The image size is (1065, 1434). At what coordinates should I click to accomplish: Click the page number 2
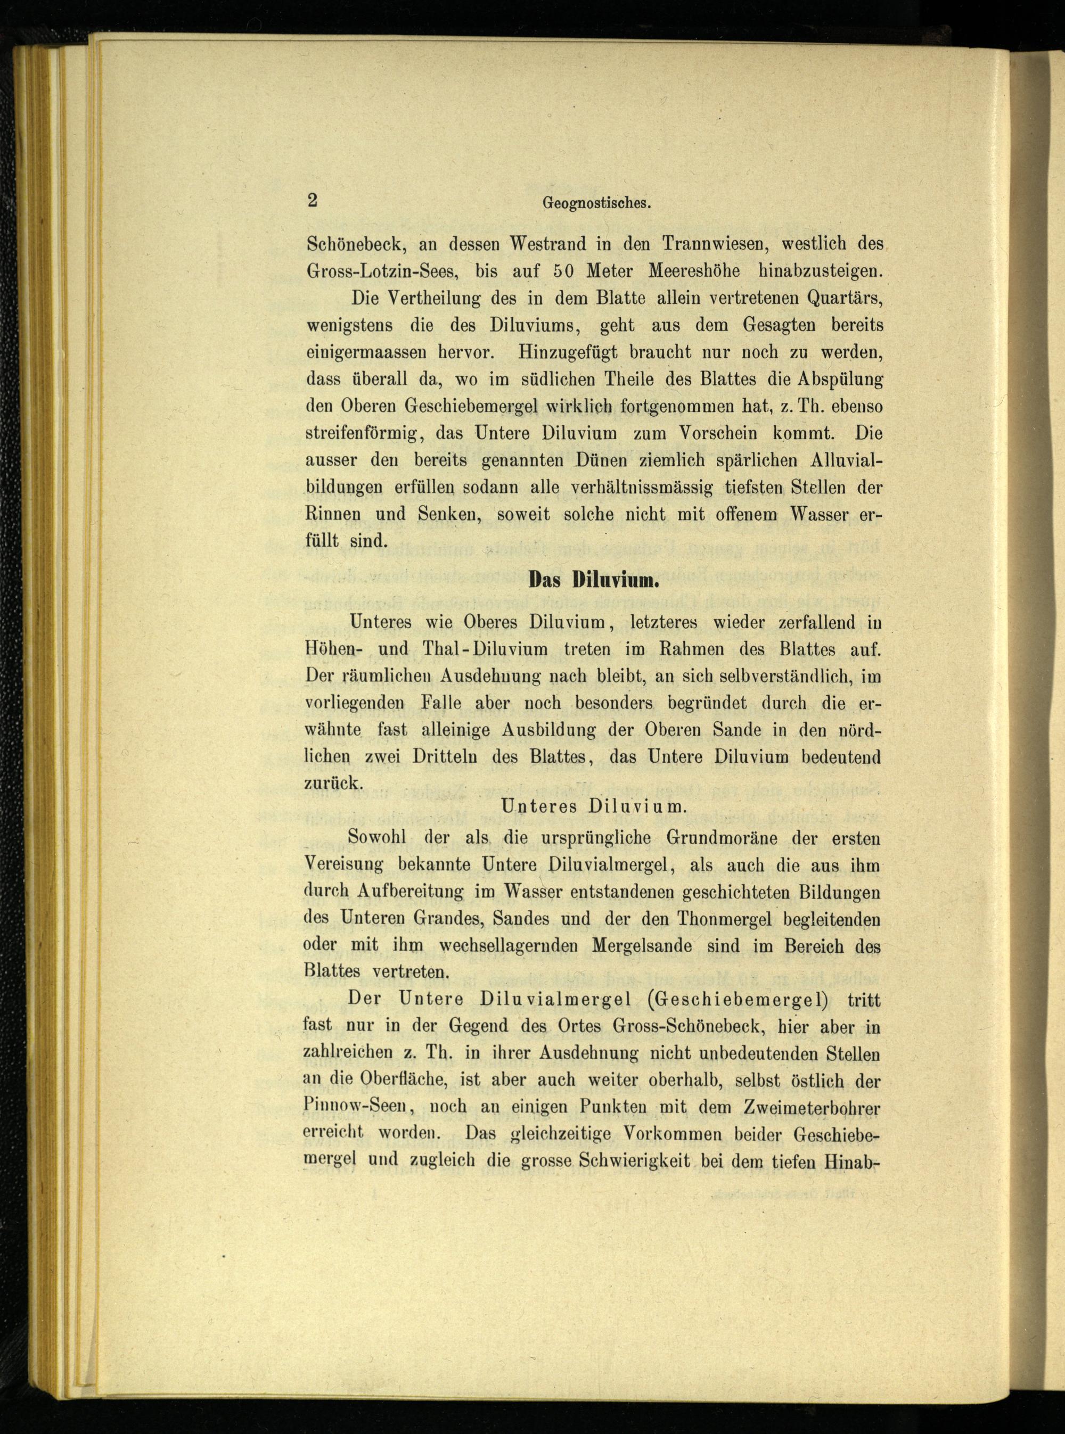pyautogui.click(x=313, y=201)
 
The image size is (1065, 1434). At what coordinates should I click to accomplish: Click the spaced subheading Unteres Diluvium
pyautogui.click(x=593, y=805)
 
